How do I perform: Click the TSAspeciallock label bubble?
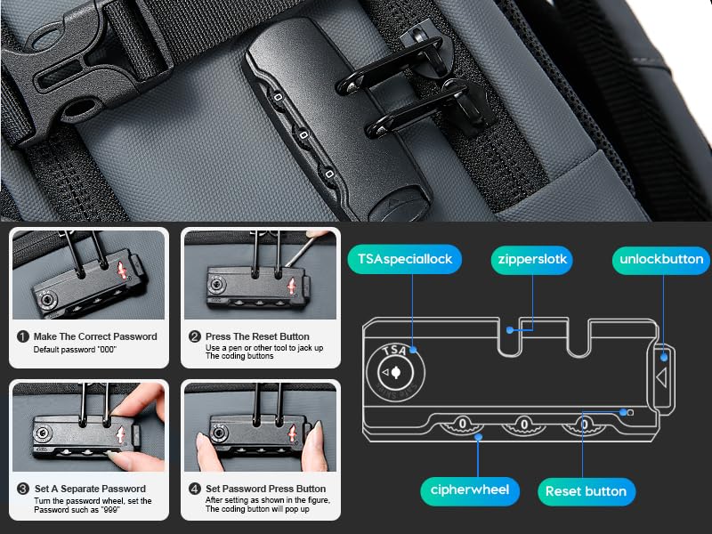tap(405, 259)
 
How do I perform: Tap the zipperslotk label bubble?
tap(532, 260)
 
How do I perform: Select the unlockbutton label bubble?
tap(661, 260)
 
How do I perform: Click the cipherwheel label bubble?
tap(470, 490)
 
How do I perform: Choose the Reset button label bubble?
tap(587, 491)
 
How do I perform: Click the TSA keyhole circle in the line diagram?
tap(395, 373)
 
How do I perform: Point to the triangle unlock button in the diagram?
tap(662, 376)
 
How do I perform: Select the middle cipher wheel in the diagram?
tap(523, 425)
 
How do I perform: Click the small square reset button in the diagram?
tap(630, 412)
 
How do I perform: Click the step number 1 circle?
tap(23, 336)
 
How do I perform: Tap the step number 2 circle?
tap(195, 336)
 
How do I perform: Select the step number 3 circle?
tap(23, 489)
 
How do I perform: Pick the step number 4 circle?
tap(195, 489)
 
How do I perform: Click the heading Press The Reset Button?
tap(257, 336)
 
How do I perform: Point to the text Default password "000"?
tap(75, 350)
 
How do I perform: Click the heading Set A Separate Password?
tap(90, 489)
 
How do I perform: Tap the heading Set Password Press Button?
tap(265, 489)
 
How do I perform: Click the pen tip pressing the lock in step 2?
tap(287, 264)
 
